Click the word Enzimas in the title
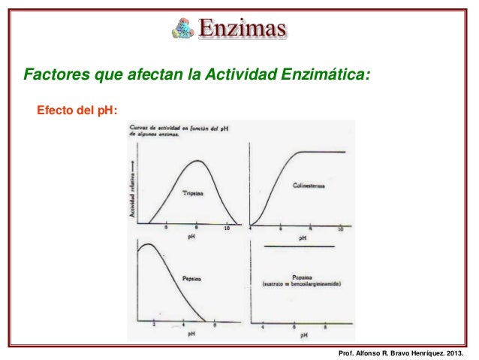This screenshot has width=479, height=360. pyautogui.click(x=243, y=29)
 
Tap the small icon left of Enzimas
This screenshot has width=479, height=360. pyautogui.click(x=182, y=29)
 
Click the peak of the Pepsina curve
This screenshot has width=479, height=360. pyautogui.click(x=147, y=245)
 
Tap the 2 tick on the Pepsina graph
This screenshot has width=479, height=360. pyautogui.click(x=153, y=324)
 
